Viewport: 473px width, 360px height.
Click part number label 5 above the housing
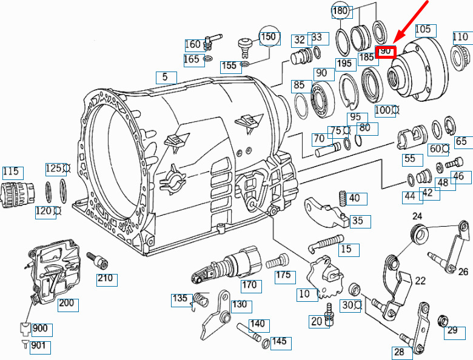pyautogui.click(x=165, y=77)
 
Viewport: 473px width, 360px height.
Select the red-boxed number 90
pyautogui.click(x=386, y=52)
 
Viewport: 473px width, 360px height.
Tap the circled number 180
pyautogui.click(x=340, y=11)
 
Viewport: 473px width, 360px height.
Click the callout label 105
pyautogui.click(x=423, y=29)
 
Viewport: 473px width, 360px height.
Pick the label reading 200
pyautogui.click(x=66, y=302)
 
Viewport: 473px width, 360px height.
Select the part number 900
pyautogui.click(x=40, y=328)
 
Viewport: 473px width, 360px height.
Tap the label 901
pyautogui.click(x=38, y=345)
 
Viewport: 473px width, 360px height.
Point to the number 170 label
pyautogui.click(x=249, y=285)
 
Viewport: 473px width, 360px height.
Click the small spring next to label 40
pyautogui.click(x=343, y=199)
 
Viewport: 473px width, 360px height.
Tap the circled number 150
pyautogui.click(x=269, y=37)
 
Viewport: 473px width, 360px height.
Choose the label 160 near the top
pyautogui.click(x=192, y=44)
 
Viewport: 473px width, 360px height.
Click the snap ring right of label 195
pyautogui.click(x=350, y=92)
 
